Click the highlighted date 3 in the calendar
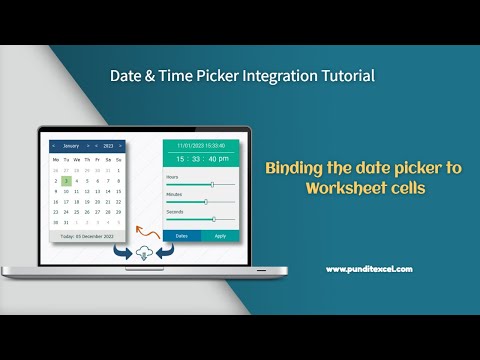65,181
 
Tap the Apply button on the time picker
220,236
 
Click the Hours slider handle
212,184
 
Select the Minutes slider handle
206,201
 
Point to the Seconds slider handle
213,218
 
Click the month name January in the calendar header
71,146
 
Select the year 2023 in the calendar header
108,146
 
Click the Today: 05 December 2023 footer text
87,236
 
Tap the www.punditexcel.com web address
368,268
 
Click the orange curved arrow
146,211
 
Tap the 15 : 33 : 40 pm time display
201,158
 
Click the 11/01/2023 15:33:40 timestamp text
201,145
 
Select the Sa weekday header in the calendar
108,159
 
